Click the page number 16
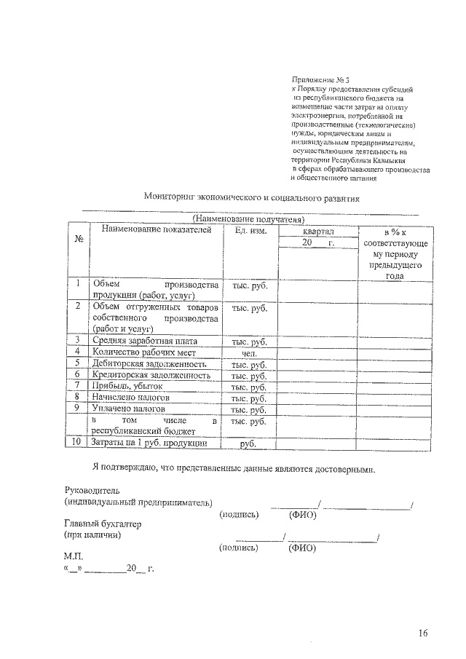tap(423, 632)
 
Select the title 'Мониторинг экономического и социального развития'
tap(252, 197)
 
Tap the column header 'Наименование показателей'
tap(156, 230)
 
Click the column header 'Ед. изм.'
tap(250, 230)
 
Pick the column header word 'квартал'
tap(317, 230)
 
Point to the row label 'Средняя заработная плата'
tap(144, 341)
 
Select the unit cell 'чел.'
tap(250, 353)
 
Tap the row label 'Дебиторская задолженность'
tap(149, 364)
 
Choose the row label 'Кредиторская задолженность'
tap(151, 376)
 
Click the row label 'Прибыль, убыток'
tap(127, 387)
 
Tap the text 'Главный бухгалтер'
tap(102, 524)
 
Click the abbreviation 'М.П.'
tap(74, 557)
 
